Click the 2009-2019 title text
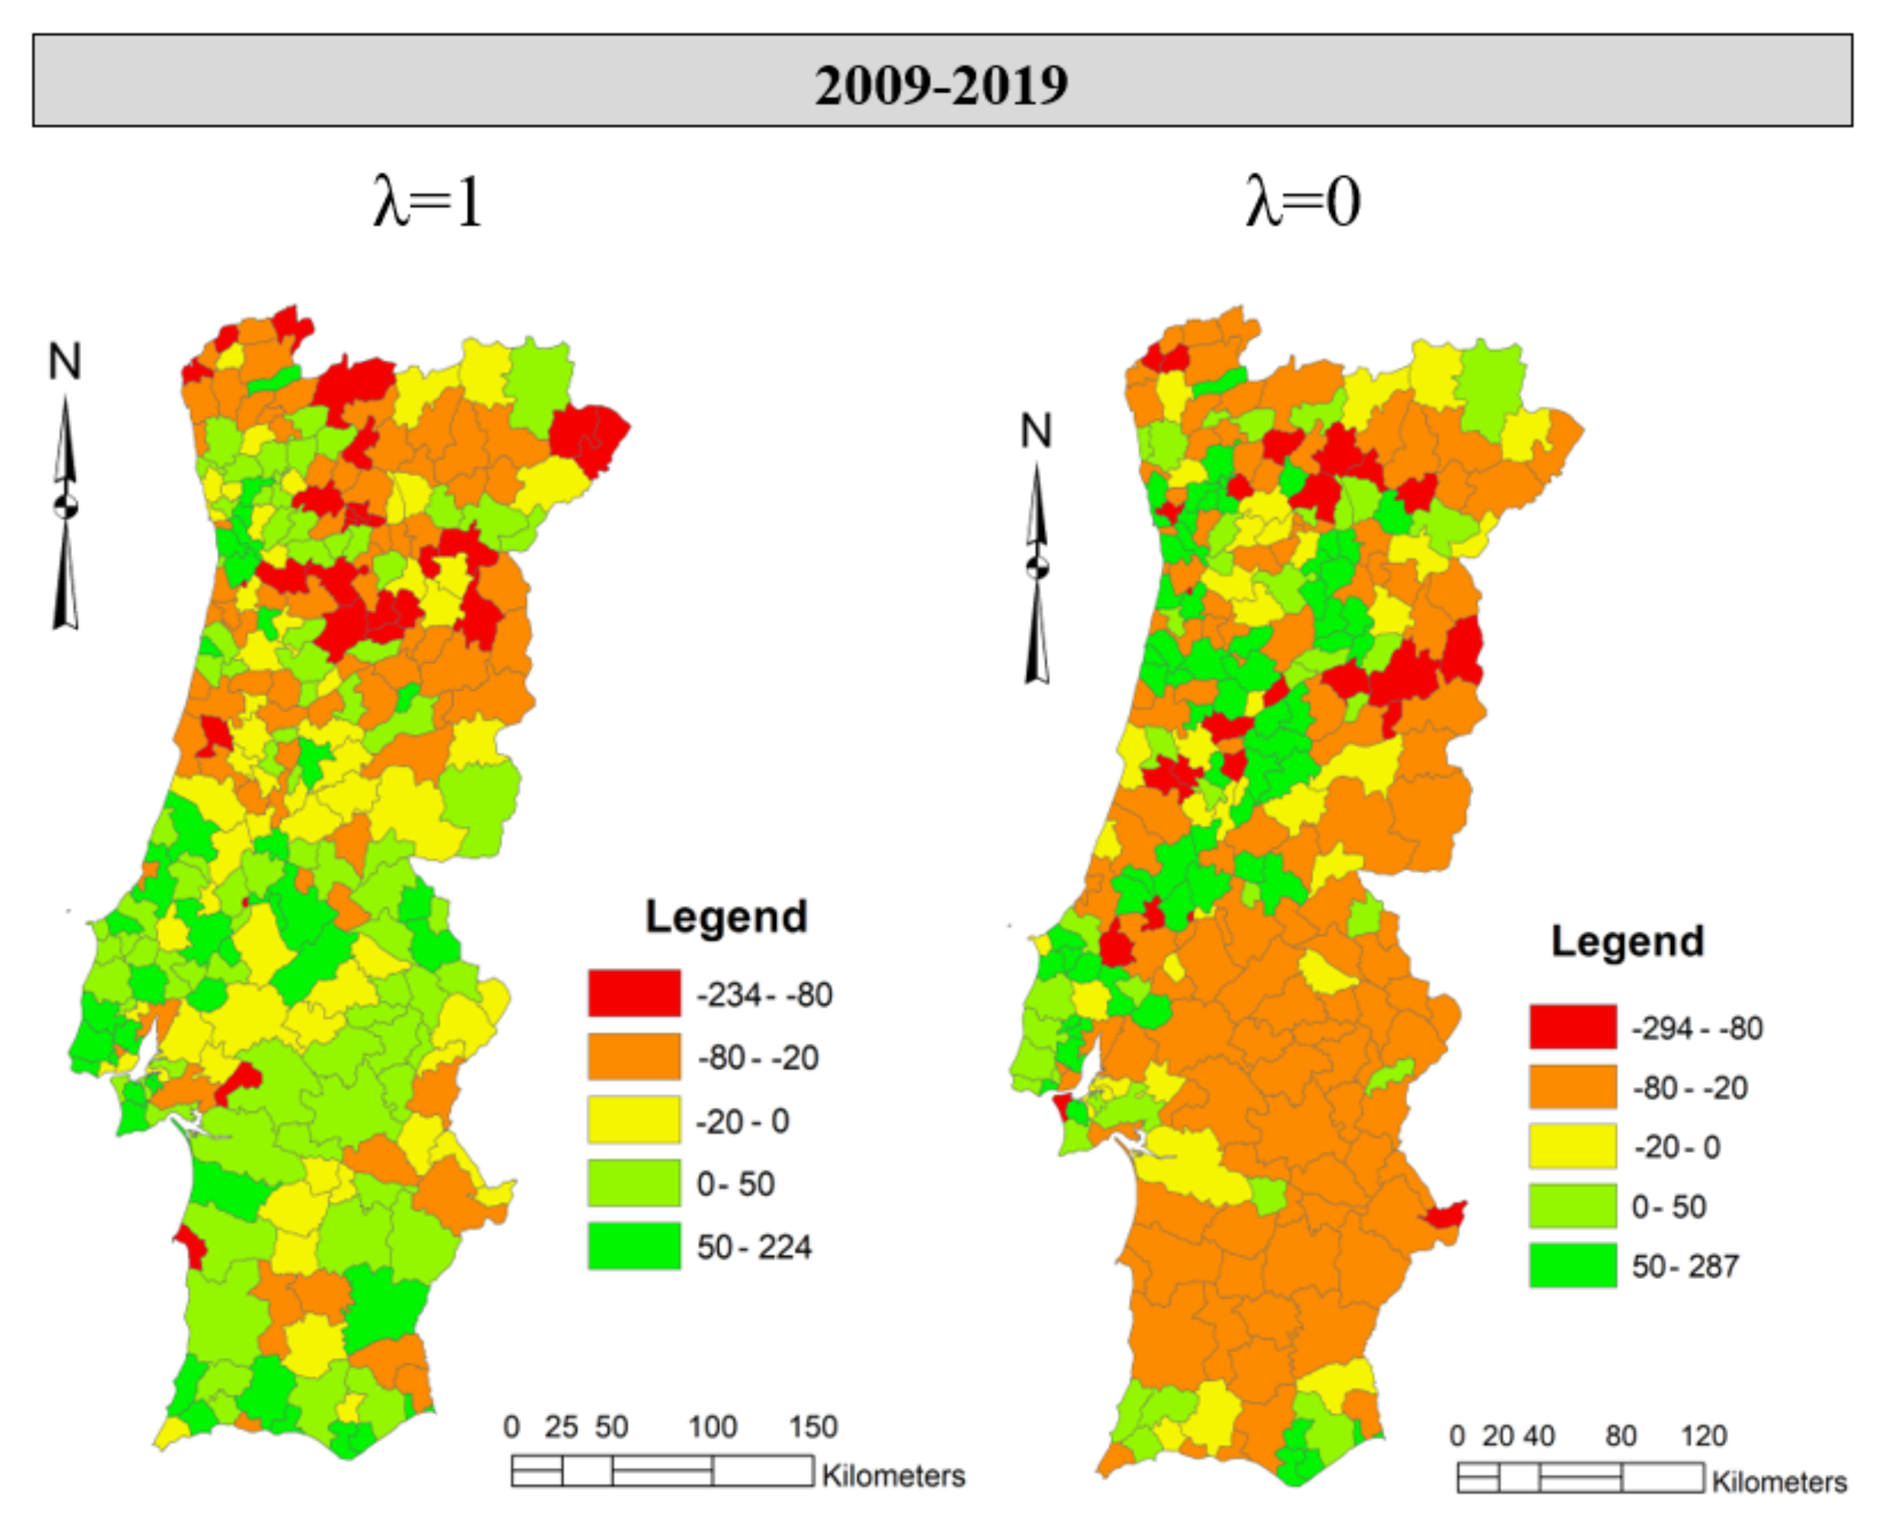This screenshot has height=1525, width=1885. (941, 85)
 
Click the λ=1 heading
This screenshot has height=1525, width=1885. (428, 202)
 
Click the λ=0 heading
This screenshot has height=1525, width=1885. (1303, 202)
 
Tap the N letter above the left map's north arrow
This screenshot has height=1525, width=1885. (64, 362)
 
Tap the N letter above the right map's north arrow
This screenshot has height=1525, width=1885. (1035, 431)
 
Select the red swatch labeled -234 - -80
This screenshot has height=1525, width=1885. (633, 993)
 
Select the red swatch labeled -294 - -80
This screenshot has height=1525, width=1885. (1571, 1026)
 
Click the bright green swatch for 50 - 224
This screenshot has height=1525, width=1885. (633, 1245)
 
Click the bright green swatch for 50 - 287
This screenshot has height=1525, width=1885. (1571, 1265)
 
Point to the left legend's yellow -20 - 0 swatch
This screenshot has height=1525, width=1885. (633, 1119)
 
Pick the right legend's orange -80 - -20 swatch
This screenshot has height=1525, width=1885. (1571, 1087)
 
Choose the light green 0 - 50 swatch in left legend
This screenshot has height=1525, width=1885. (633, 1182)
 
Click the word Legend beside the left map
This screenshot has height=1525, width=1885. (725, 917)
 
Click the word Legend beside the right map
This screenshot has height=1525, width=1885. (1627, 942)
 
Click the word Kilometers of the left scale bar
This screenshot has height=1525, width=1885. (893, 1475)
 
